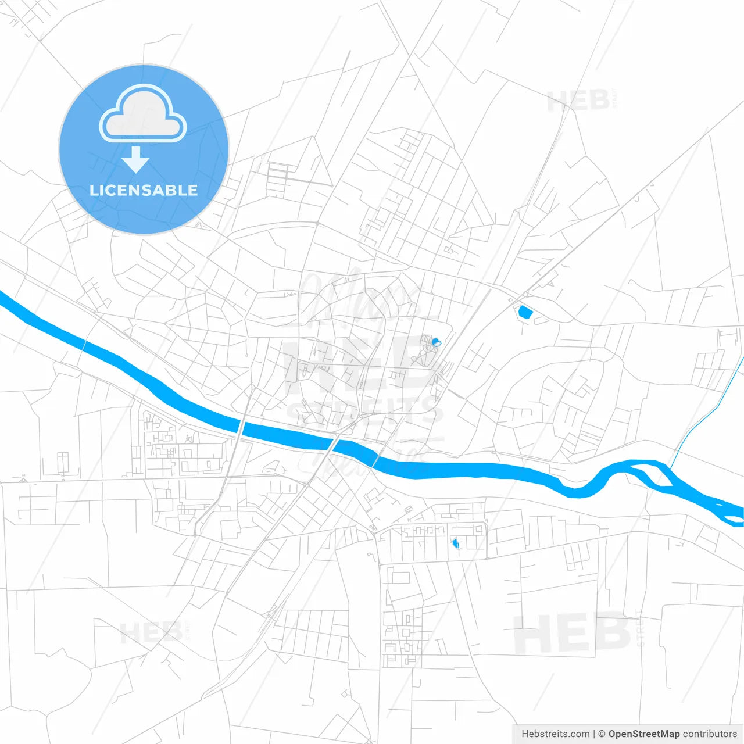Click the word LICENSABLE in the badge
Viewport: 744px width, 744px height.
point(144,190)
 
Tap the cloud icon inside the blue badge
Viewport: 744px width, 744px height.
point(143,115)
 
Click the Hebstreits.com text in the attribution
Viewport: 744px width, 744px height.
point(555,734)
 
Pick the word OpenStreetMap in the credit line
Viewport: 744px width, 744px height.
point(643,734)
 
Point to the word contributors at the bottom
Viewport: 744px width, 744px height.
point(710,734)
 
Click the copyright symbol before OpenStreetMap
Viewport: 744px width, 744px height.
point(602,734)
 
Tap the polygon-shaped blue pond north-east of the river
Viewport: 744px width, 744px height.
point(525,312)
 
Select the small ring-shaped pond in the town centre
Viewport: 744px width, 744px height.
point(436,342)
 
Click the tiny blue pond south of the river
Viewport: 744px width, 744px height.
point(455,543)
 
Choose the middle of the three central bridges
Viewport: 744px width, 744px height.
point(334,445)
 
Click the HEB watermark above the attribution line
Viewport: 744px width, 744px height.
point(573,634)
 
